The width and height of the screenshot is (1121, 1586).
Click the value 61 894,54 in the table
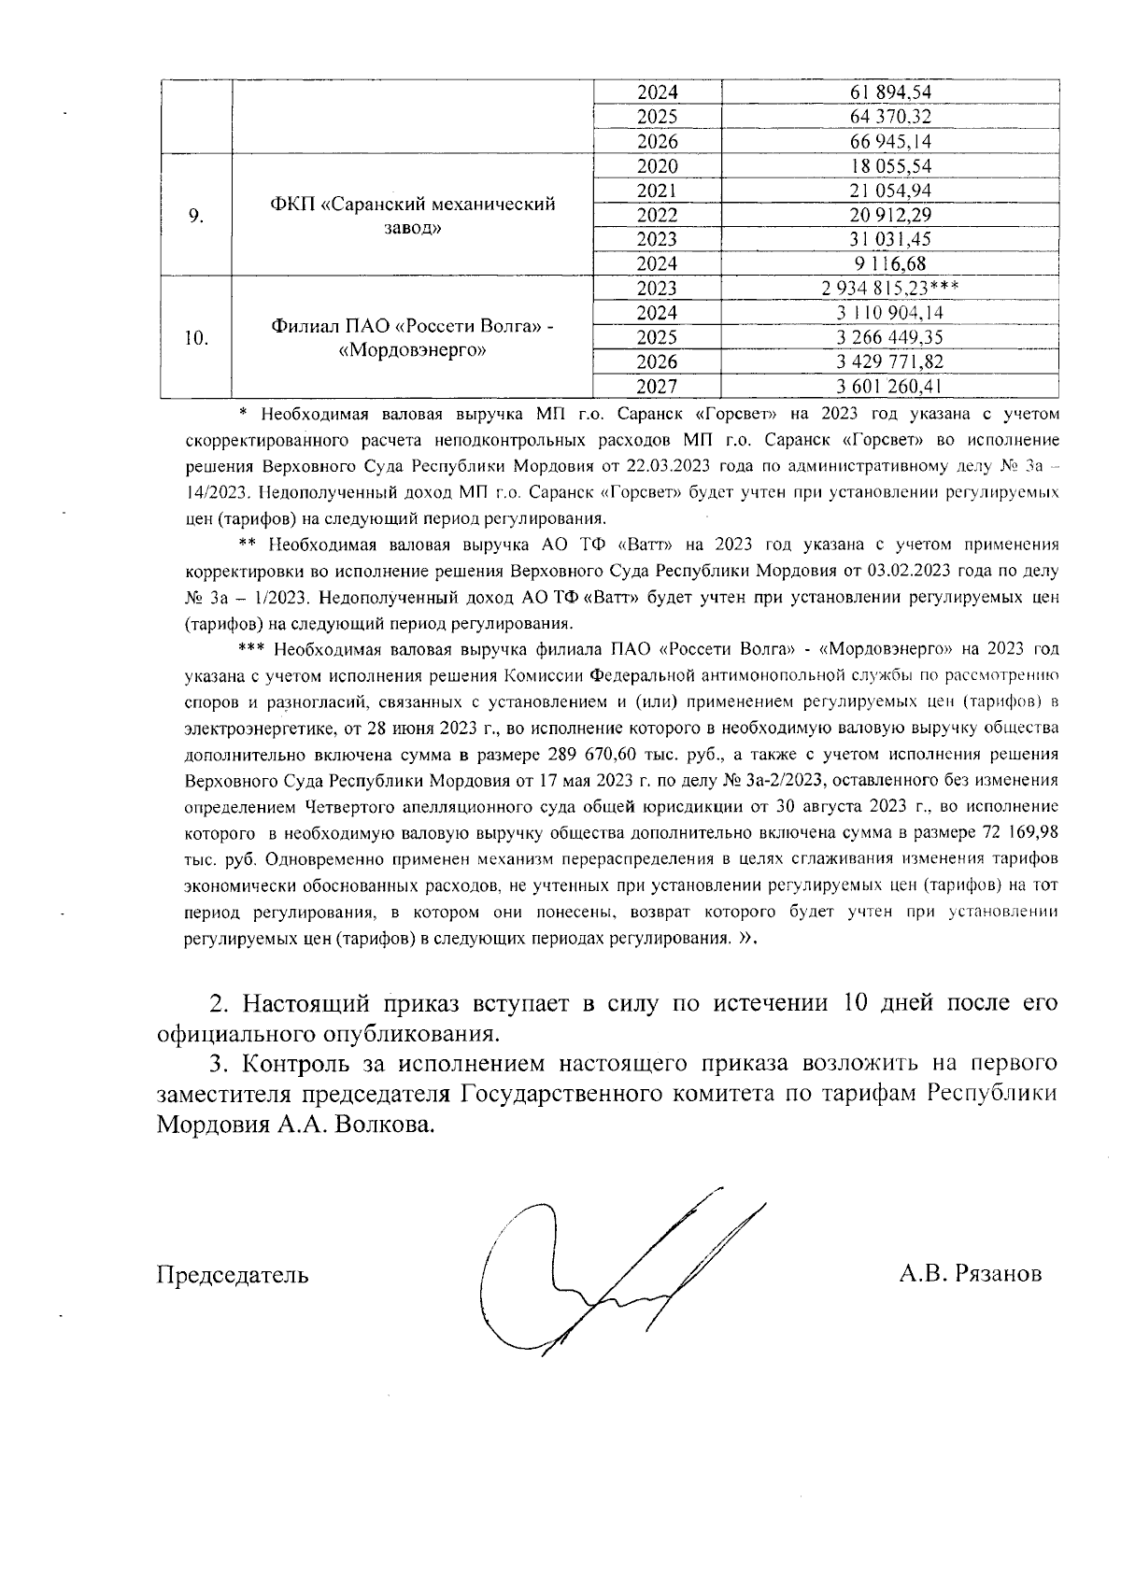[x=891, y=92]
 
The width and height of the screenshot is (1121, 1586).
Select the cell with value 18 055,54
[x=891, y=166]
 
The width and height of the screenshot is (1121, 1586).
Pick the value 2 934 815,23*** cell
[x=891, y=289]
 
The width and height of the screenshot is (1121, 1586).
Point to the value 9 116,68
[x=891, y=264]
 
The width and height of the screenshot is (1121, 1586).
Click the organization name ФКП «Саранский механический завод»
[x=413, y=216]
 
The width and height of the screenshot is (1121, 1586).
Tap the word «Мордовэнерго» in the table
[x=413, y=350]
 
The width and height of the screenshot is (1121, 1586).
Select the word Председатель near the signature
[x=232, y=1274]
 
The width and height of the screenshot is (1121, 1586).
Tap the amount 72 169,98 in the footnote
[x=1018, y=831]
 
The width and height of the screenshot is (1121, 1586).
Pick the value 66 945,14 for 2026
[x=891, y=142]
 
